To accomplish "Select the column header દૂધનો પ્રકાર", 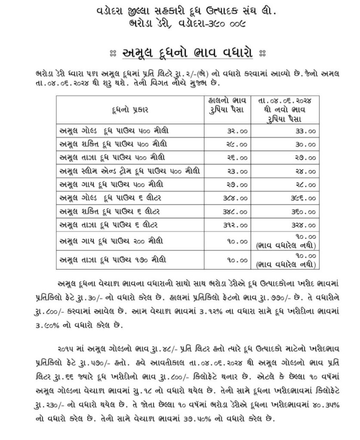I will (x=128, y=110).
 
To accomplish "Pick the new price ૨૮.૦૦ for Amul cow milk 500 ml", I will (x=306, y=184).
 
